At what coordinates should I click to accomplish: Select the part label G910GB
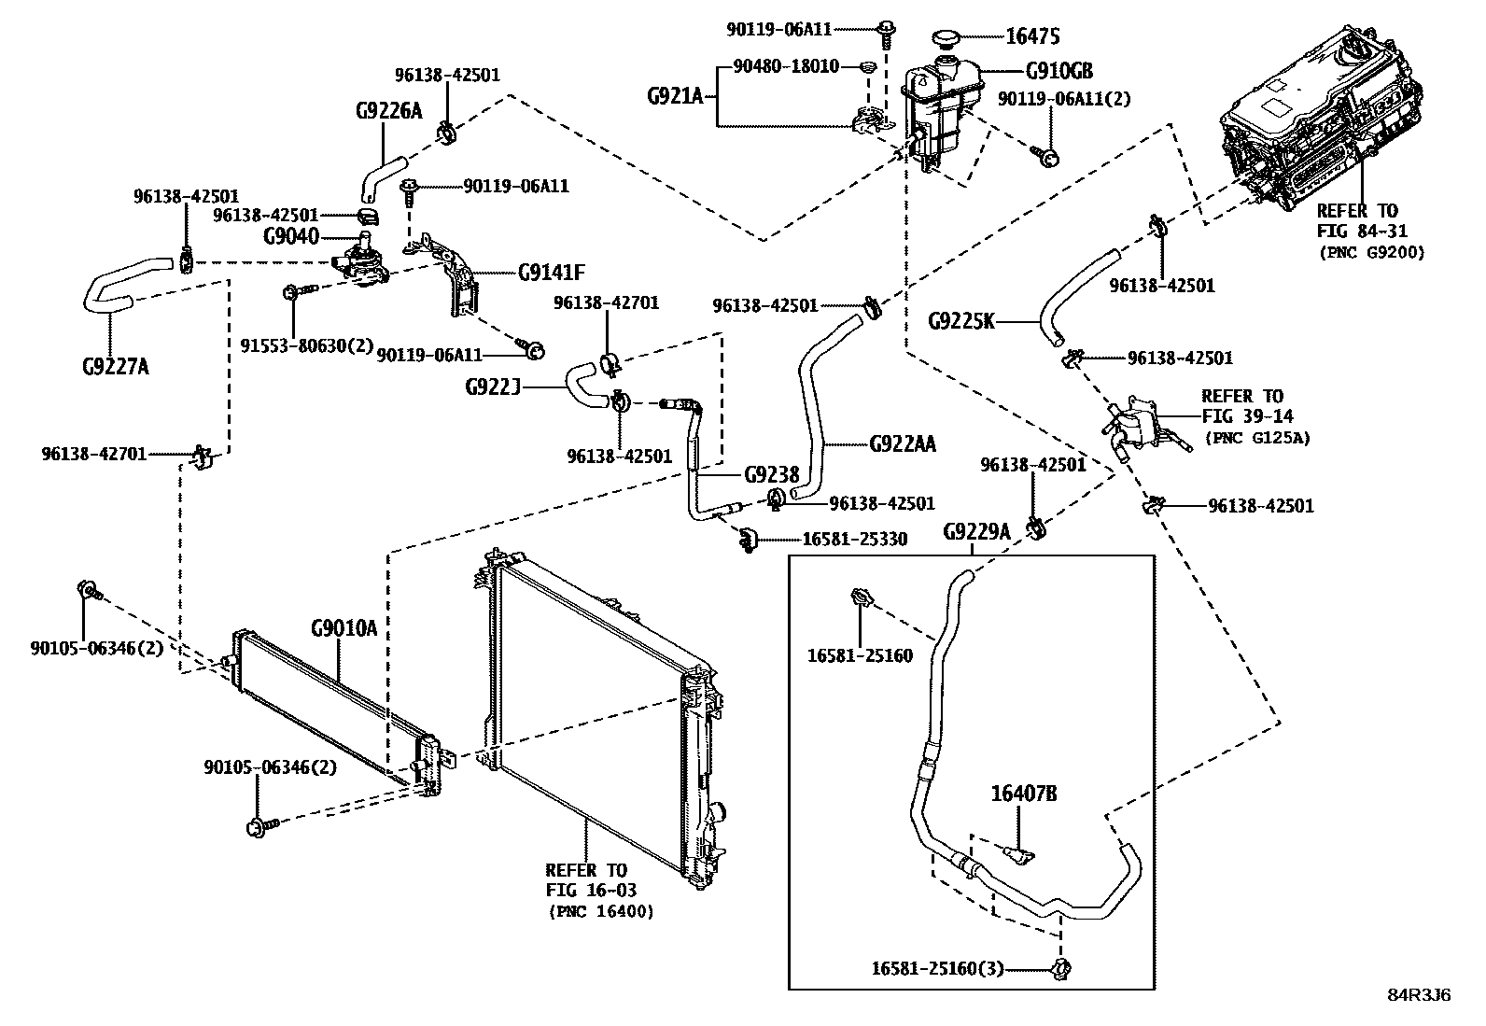(1058, 72)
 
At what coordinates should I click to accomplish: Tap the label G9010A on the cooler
(343, 628)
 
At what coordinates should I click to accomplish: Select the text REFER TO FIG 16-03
(586, 880)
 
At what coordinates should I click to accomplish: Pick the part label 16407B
(1023, 794)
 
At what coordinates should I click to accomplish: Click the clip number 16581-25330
(854, 540)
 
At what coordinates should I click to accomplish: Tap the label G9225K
(961, 321)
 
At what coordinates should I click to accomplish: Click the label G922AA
(902, 444)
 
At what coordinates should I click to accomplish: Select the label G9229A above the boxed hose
(977, 531)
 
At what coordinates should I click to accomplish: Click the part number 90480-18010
(786, 66)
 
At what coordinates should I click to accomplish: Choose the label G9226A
(388, 110)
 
